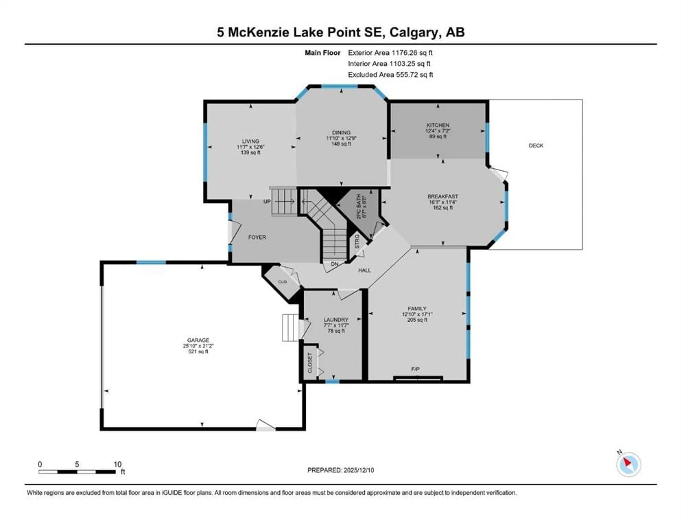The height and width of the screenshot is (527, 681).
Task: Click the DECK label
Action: tap(536, 145)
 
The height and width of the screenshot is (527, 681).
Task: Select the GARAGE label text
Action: tap(198, 340)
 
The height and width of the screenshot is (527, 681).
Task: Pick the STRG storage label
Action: tap(357, 241)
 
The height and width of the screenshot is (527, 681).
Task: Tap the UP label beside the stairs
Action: tap(267, 202)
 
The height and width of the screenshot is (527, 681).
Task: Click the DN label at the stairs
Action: tap(335, 264)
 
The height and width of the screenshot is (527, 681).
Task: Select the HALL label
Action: tap(364, 270)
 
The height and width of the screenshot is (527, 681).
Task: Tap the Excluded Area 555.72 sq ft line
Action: tap(390, 75)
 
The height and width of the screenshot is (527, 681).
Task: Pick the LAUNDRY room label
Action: tap(336, 320)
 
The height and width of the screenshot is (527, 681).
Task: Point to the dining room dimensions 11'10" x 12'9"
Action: tap(341, 138)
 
